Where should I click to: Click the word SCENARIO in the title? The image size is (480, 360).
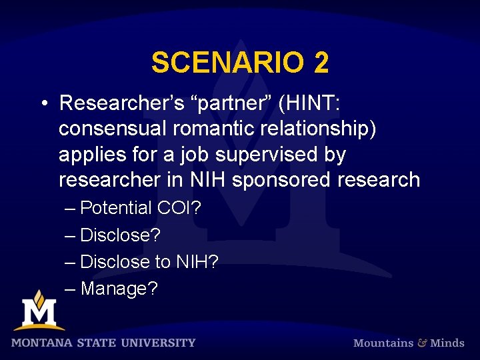click(x=225, y=63)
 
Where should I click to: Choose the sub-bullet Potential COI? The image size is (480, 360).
click(x=140, y=208)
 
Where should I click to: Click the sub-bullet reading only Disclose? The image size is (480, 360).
click(x=120, y=235)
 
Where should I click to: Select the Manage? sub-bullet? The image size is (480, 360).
click(x=119, y=289)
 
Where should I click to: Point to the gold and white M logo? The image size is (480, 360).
click(x=39, y=311)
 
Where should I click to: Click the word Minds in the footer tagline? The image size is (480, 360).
click(x=447, y=343)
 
